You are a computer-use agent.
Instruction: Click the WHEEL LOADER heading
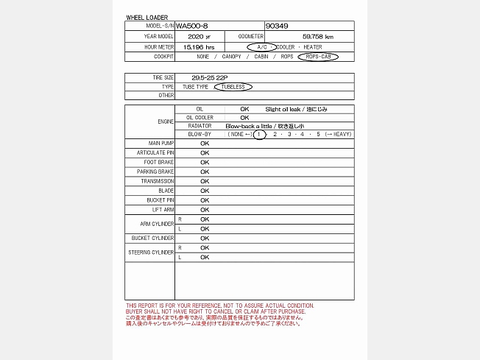coord(147,17)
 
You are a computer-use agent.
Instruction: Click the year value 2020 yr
coord(199,36)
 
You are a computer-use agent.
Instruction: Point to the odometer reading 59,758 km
coord(318,36)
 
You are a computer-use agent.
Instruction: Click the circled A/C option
coord(263,46)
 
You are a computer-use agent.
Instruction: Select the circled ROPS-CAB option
coord(318,56)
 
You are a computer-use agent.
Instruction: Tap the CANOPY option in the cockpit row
coord(231,56)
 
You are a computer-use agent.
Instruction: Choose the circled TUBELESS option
coord(233,86)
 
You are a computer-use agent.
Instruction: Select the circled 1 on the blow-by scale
coord(258,135)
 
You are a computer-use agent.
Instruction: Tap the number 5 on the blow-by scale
coord(318,135)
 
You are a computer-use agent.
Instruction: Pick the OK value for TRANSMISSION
coord(205,181)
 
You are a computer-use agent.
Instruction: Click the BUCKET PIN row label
coord(160,200)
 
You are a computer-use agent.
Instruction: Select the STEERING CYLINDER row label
coord(151,253)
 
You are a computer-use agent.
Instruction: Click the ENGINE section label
coord(166,121)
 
